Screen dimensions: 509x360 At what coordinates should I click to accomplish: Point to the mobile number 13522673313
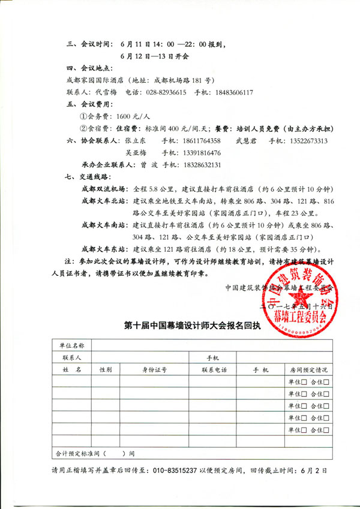(x=306, y=141)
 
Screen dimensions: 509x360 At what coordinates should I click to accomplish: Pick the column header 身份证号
(x=154, y=369)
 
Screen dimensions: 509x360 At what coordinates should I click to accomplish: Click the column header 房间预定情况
(x=308, y=369)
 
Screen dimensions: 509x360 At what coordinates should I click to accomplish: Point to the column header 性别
(x=106, y=369)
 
